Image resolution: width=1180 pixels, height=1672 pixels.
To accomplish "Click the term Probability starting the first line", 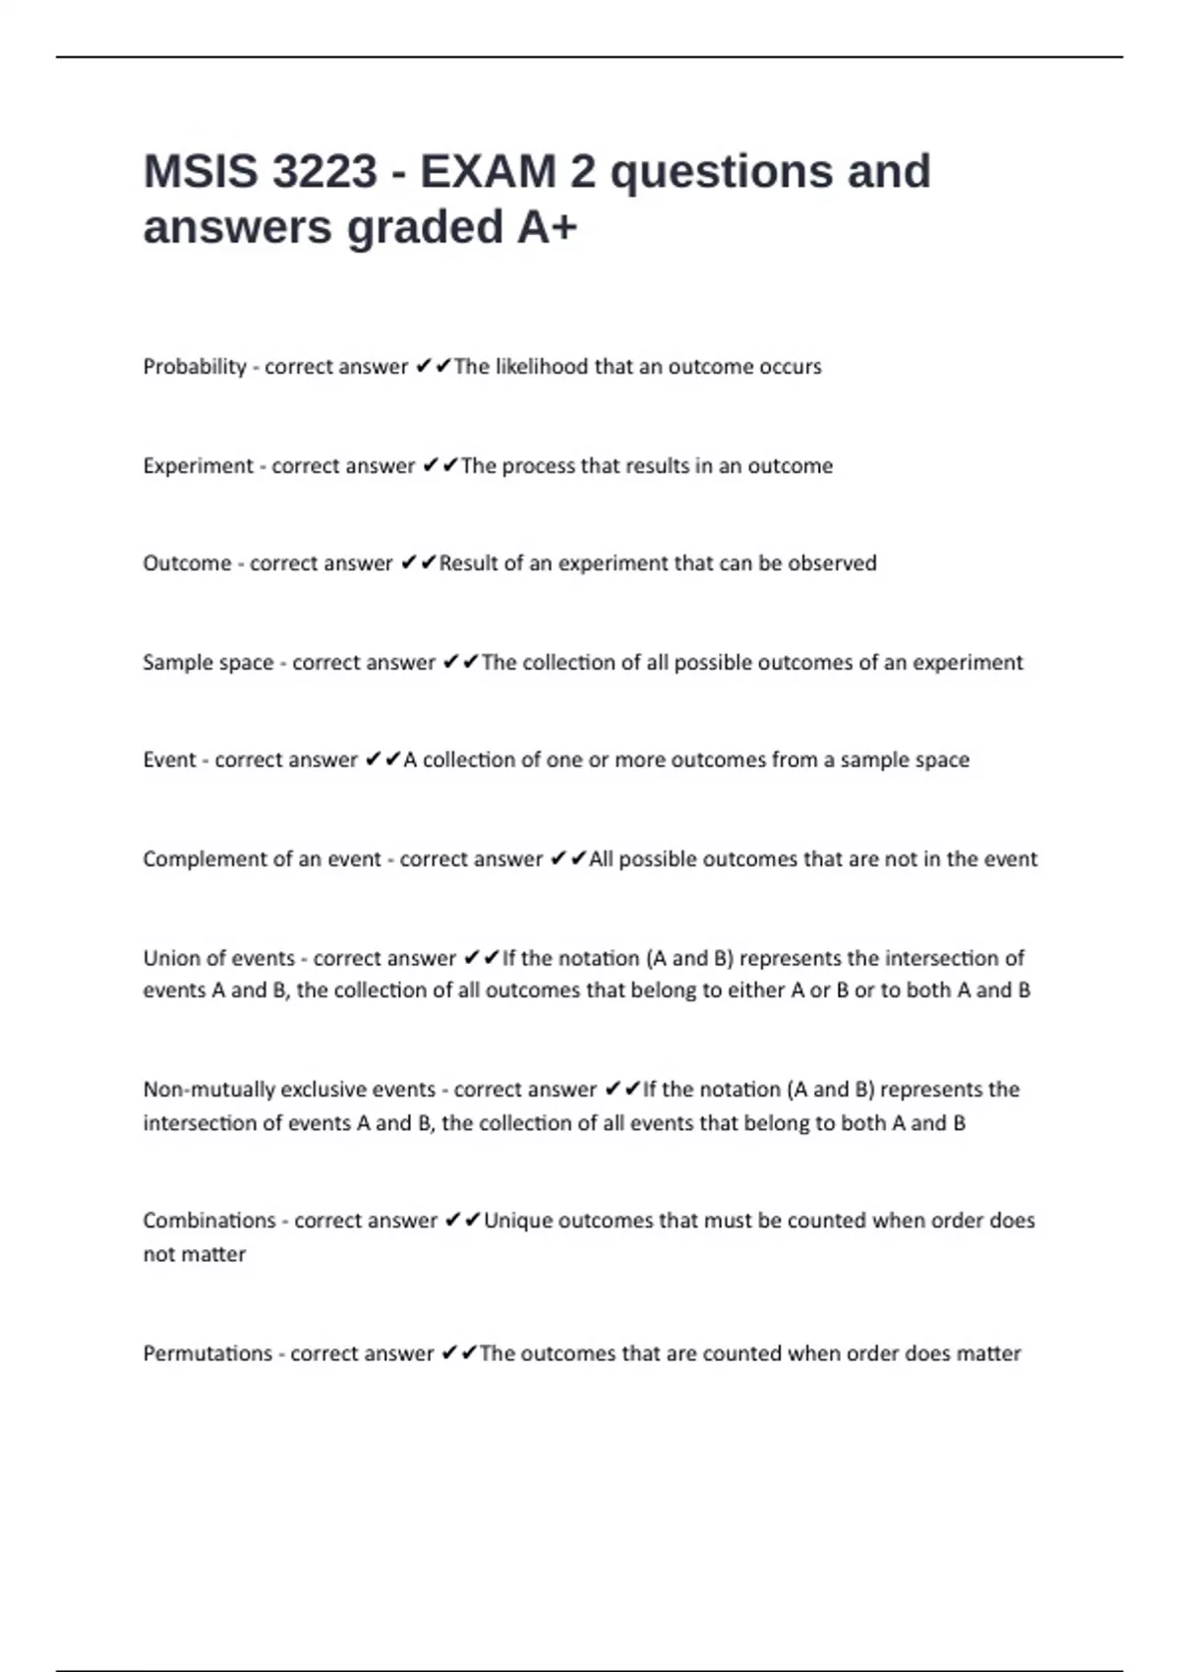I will [x=195, y=367].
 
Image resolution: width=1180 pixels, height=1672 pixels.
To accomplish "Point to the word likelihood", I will [x=542, y=367].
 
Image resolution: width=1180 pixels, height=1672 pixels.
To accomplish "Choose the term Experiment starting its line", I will [x=198, y=466].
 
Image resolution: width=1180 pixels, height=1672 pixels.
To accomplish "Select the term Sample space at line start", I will [x=208, y=663].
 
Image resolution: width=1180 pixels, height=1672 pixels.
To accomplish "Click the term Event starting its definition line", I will [x=169, y=760].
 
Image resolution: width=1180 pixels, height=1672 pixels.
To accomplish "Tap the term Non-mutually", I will [x=208, y=1090].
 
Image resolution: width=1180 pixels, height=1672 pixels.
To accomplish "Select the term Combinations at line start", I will [x=209, y=1221].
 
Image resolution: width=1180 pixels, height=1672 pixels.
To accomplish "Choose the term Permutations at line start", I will [x=207, y=1353].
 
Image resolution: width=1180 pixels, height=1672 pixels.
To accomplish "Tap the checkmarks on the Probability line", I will [x=434, y=367].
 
